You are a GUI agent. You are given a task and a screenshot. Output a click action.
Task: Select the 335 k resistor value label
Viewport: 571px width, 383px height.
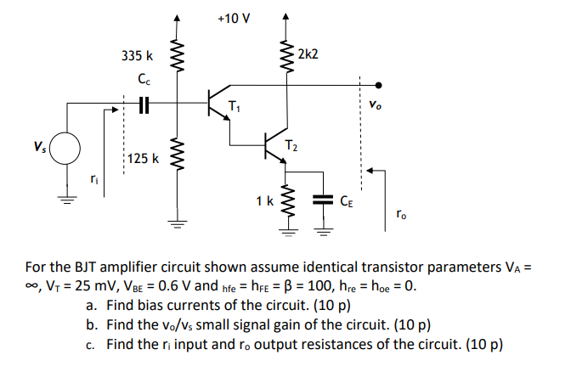(137, 56)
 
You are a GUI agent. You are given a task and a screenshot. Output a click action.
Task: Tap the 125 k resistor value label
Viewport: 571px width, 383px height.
(141, 158)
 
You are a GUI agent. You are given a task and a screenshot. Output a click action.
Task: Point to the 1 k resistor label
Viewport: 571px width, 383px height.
(264, 201)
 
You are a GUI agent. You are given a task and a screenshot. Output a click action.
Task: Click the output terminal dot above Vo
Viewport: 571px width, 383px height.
(377, 85)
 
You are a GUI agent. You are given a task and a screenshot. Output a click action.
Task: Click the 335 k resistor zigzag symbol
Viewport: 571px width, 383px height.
(177, 58)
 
